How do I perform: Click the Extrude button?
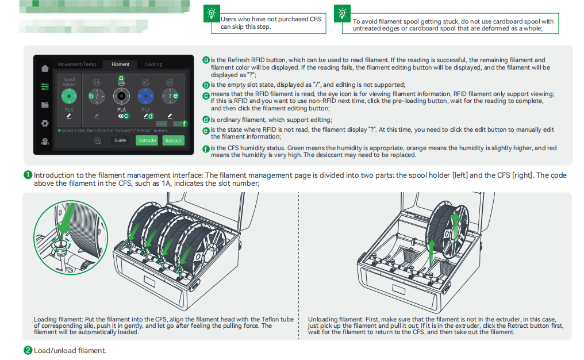pos(147,140)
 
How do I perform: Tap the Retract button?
pos(173,140)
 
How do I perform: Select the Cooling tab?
pos(153,64)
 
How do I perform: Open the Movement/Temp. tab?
pos(78,64)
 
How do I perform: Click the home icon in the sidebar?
pos(45,68)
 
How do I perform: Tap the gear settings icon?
pos(45,123)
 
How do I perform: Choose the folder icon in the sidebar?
pos(45,105)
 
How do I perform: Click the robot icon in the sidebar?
pos(45,141)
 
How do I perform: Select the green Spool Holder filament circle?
pos(70,95)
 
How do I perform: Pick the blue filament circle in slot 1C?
pos(146,95)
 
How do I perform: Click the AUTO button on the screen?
pos(162,124)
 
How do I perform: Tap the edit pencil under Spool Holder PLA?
pos(70,116)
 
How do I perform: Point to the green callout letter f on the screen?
pos(185,124)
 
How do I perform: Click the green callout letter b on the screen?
pos(91,96)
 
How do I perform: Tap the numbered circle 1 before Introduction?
pos(28,175)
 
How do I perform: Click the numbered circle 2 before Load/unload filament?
pos(28,350)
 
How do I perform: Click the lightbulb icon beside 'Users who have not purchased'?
pos(212,13)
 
